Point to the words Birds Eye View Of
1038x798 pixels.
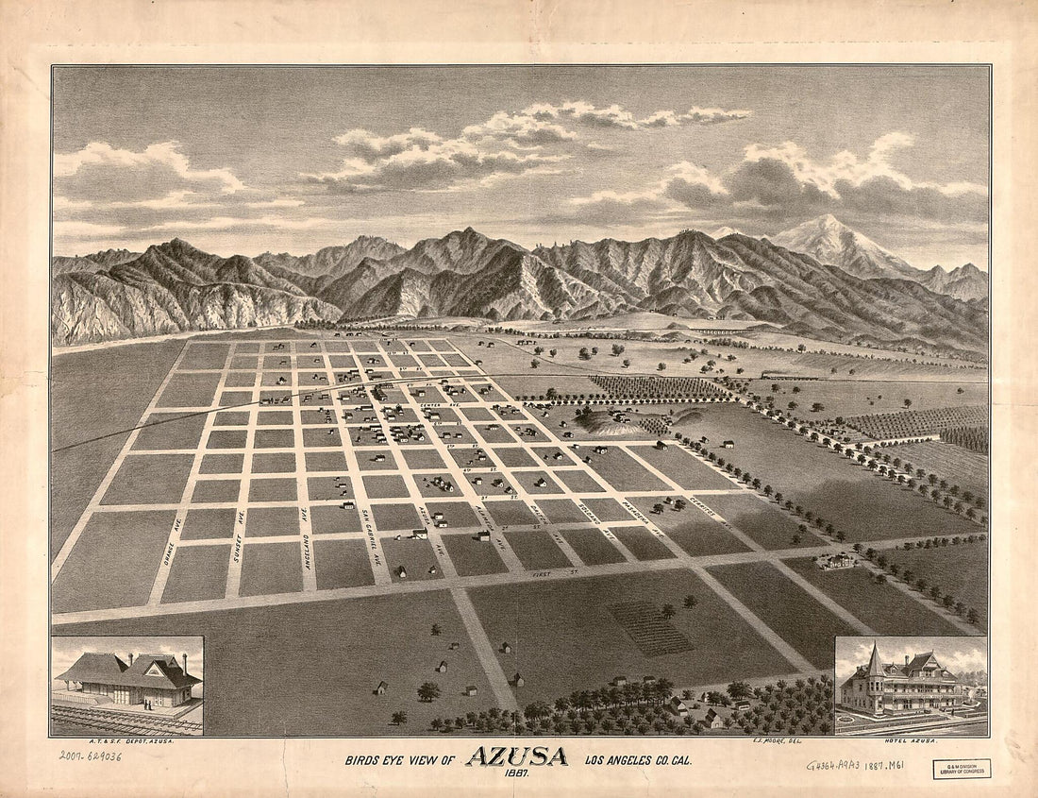[x=401, y=759]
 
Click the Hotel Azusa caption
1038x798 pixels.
[x=955, y=743]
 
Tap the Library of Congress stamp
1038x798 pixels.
[x=962, y=768]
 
